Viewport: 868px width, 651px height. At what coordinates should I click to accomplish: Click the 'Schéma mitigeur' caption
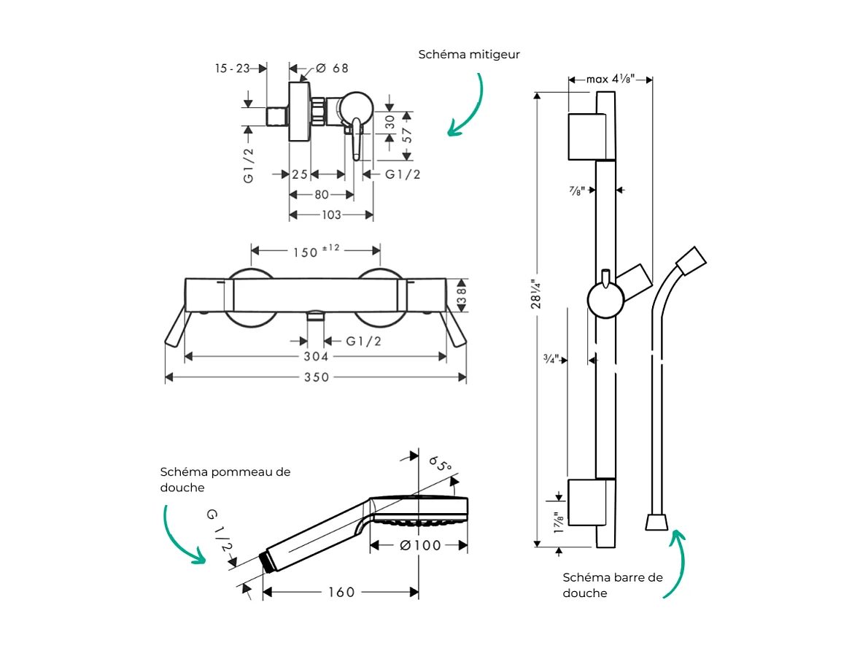tap(469, 55)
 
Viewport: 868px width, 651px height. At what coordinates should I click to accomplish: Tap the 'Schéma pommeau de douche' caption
tap(225, 479)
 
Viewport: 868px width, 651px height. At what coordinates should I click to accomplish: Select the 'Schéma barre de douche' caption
tap(613, 585)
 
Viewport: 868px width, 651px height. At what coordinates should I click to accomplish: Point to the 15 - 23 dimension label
tap(232, 69)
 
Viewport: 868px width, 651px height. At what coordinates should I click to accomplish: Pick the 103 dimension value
tap(331, 215)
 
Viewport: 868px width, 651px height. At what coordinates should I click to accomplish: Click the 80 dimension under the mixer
tap(322, 195)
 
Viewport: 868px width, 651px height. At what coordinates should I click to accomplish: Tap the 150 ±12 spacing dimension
tap(316, 251)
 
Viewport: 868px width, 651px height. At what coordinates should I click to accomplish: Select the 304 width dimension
tap(316, 356)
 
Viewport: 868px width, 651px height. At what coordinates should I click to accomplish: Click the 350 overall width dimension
tap(316, 377)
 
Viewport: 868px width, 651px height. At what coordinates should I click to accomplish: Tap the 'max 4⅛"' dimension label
tap(610, 79)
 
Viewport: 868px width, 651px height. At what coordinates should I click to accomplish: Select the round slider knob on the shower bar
tap(605, 301)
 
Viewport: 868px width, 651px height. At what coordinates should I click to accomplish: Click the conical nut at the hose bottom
tap(656, 522)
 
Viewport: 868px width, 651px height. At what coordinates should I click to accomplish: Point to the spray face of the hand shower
tap(419, 521)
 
